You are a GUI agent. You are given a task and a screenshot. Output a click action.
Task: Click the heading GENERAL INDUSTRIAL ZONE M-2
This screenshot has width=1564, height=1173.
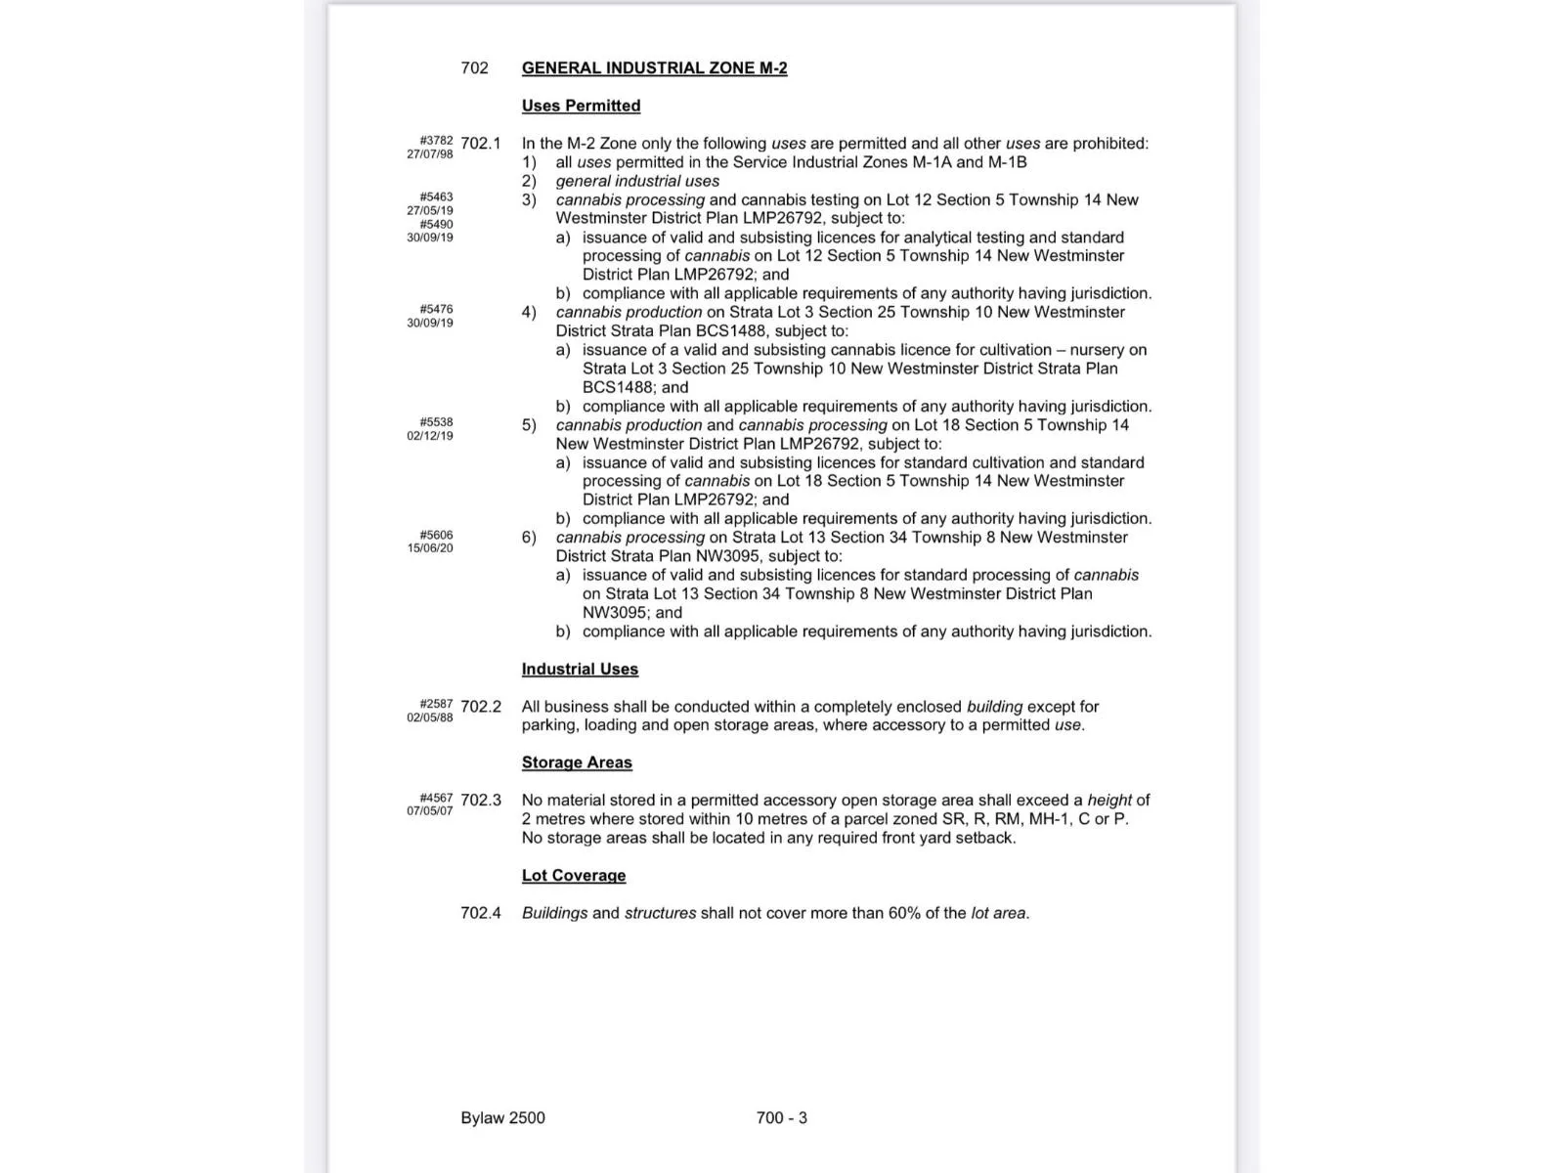654,68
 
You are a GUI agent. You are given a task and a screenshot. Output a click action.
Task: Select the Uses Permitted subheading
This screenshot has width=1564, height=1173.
581,106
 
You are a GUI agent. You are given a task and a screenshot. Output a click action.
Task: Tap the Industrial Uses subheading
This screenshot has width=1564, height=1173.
580,670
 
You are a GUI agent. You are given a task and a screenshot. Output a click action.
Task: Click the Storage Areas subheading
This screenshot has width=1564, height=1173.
577,762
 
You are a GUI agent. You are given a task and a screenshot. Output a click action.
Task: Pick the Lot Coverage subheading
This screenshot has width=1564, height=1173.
573,876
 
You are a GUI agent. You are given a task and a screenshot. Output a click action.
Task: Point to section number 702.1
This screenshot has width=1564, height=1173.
480,144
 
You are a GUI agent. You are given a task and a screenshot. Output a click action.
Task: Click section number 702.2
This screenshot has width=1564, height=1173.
480,707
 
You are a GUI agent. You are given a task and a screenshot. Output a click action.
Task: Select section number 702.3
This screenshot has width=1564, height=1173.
480,801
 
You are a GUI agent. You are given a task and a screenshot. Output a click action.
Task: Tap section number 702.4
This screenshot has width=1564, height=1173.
480,913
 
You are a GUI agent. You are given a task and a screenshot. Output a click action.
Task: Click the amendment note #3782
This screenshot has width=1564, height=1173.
436,141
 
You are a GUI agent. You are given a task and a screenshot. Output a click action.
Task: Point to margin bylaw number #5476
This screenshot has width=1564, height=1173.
436,310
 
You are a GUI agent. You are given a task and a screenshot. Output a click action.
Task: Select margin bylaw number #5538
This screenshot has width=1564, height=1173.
436,422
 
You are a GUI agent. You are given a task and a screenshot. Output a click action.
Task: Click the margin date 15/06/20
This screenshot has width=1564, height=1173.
430,548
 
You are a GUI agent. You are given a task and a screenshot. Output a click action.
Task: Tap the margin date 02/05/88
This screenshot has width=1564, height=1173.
430,717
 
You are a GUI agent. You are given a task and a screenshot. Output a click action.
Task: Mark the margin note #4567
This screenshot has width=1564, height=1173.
436,798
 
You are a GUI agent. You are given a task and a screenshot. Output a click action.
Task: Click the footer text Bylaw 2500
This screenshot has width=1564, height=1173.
502,1118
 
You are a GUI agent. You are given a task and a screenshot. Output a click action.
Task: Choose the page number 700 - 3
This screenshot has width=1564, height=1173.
781,1118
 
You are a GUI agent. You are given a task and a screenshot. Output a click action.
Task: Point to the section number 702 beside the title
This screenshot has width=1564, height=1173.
474,68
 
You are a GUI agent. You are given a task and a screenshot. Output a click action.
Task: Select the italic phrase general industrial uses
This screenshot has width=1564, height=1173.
637,181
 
